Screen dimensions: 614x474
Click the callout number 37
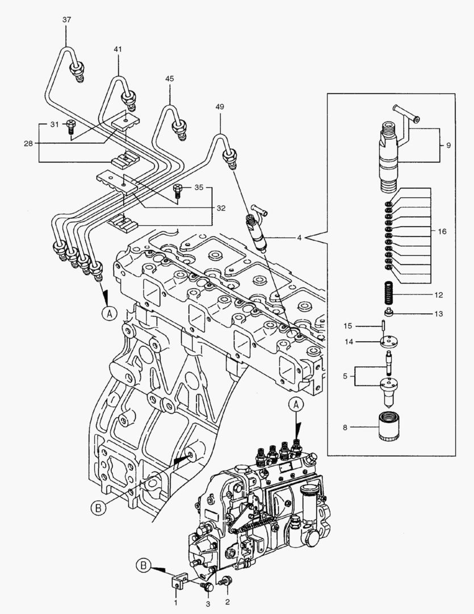(x=66, y=20)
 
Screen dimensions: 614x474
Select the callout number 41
(x=118, y=50)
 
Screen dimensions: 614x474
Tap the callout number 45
(x=169, y=78)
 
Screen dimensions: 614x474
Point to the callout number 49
(x=220, y=106)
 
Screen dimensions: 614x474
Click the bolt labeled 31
(x=71, y=127)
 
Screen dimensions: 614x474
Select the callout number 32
(x=221, y=209)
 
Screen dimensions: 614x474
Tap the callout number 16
(x=442, y=232)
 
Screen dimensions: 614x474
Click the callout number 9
(x=448, y=146)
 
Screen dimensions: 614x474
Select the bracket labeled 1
(x=178, y=582)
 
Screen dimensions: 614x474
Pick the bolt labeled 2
(x=227, y=581)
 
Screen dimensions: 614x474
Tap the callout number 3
(x=208, y=603)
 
